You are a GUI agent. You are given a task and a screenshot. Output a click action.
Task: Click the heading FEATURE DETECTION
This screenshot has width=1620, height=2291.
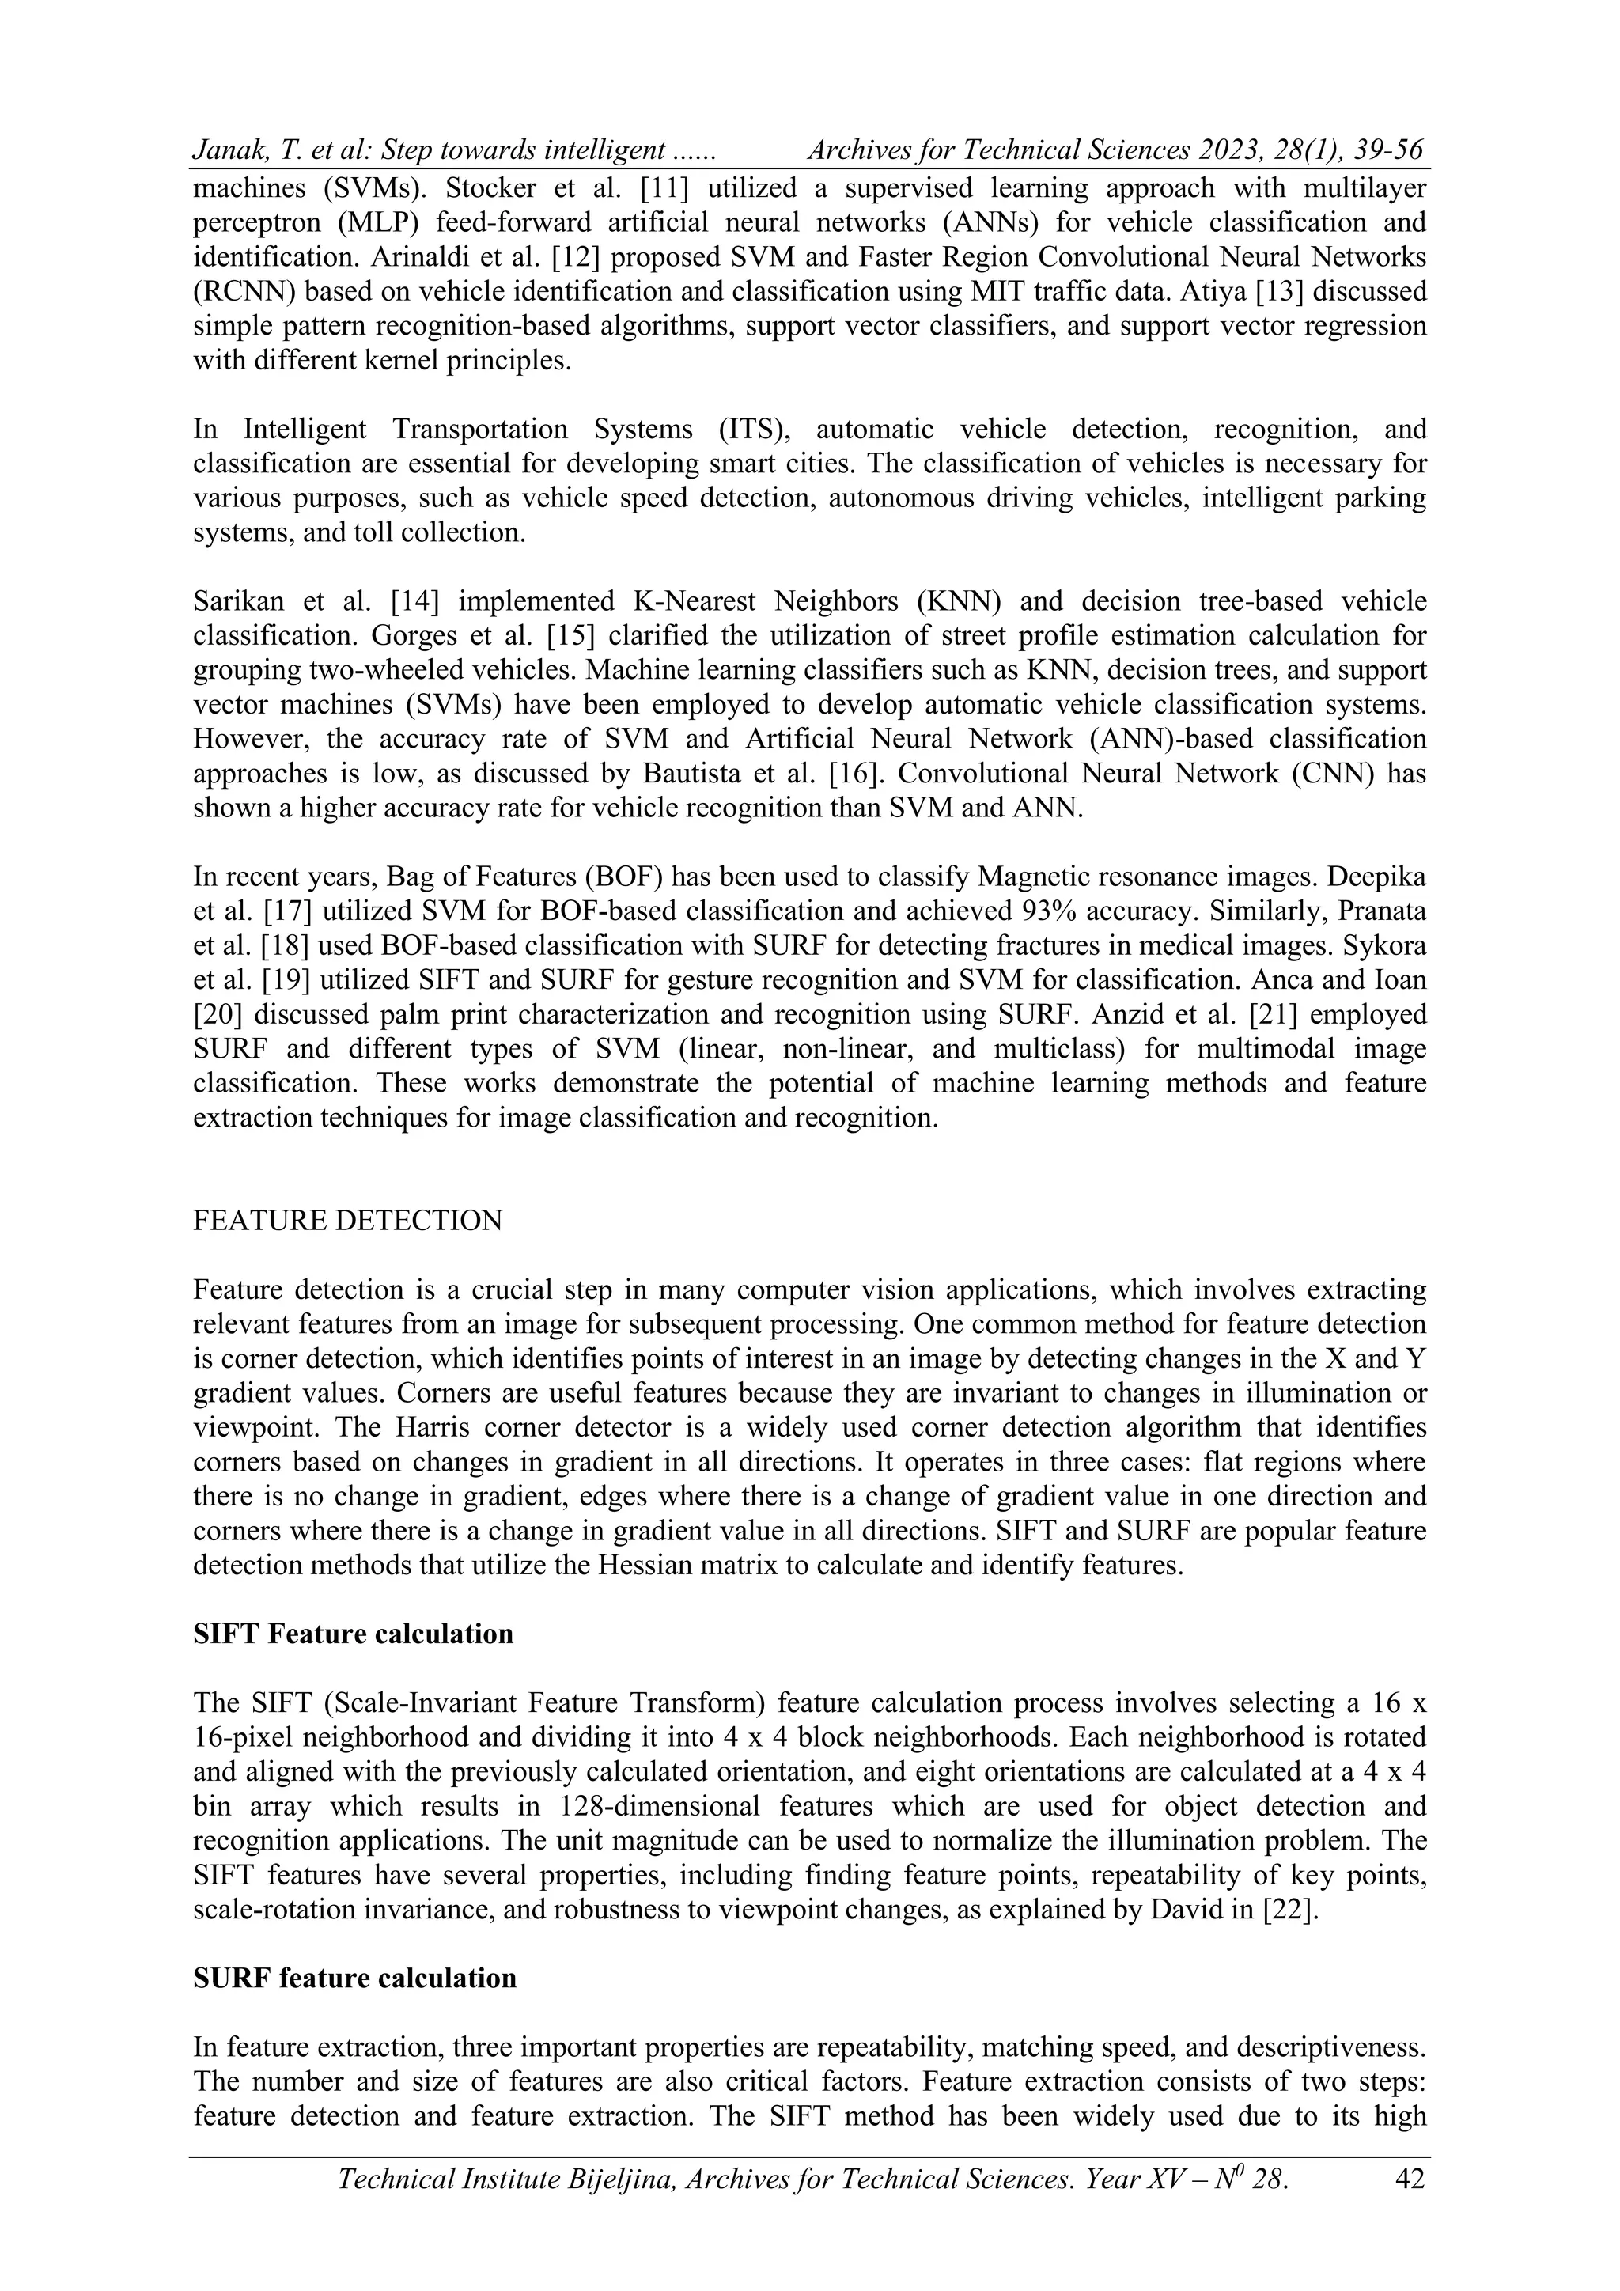[x=347, y=1221]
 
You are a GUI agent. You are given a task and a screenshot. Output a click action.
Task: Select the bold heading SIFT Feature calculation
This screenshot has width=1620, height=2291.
[x=353, y=1634]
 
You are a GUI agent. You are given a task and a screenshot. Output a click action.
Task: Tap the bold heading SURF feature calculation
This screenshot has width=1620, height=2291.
[x=355, y=1978]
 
